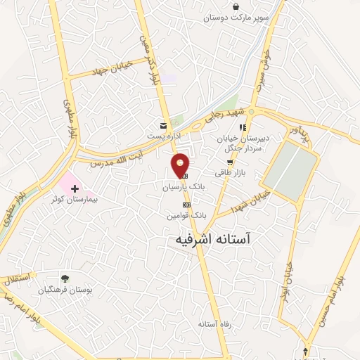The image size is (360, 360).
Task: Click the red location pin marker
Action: point(181,164)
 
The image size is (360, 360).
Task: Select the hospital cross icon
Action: point(75,188)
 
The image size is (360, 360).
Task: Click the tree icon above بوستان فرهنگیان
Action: point(65,278)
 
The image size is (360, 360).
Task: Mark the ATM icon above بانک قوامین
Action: point(186,205)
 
